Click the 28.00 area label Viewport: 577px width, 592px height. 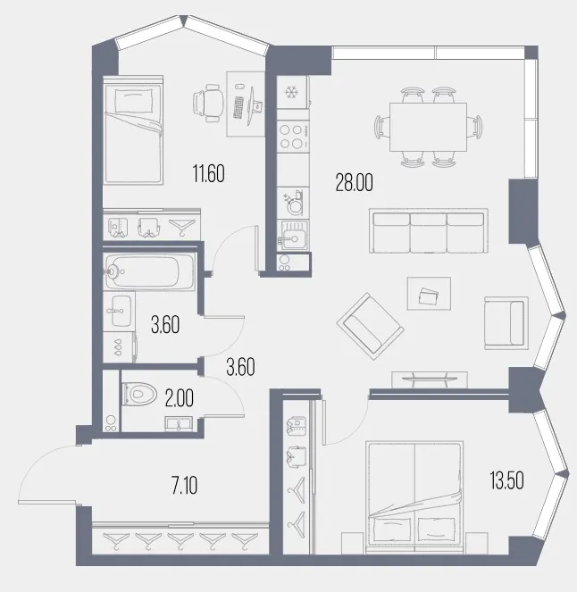tap(355, 183)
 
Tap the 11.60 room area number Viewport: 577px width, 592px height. tap(208, 174)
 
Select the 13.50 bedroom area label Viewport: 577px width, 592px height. tap(506, 481)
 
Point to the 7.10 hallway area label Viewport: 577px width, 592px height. tap(184, 486)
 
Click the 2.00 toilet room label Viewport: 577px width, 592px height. tap(180, 398)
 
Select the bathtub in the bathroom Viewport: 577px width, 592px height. tap(149, 271)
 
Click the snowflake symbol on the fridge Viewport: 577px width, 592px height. tap(291, 92)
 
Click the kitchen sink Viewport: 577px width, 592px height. tap(293, 235)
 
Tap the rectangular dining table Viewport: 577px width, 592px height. tap(428, 127)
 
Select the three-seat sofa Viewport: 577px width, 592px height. tap(429, 230)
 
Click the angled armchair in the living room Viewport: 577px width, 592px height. tap(370, 326)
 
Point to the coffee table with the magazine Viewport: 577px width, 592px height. tap(429, 294)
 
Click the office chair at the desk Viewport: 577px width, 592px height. tap(207, 103)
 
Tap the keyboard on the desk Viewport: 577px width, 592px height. tap(238, 108)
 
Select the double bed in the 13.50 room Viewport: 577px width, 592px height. tap(414, 497)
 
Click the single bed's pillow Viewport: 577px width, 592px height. tap(134, 100)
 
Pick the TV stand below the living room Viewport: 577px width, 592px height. tap(430, 379)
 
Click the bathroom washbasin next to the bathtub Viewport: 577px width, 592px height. tap(119, 311)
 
